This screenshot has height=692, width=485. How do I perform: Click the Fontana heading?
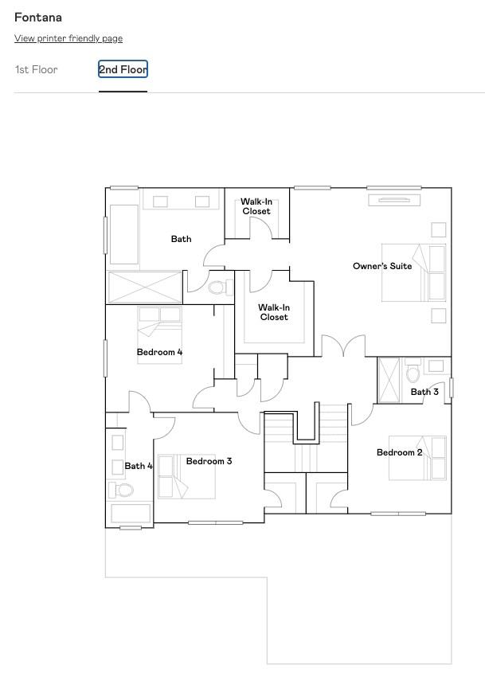tap(38, 18)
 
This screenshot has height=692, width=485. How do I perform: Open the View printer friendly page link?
tap(68, 38)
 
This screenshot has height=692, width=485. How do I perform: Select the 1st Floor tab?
tap(36, 70)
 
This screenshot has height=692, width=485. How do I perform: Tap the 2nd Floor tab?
tap(123, 70)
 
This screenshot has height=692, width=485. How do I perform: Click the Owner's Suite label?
tap(382, 266)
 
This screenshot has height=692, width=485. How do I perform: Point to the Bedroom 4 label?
tap(160, 352)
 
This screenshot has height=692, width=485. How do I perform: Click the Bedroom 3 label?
tap(209, 461)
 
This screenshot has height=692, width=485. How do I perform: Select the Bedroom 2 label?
tap(399, 452)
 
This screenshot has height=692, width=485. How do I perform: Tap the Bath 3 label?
tap(424, 392)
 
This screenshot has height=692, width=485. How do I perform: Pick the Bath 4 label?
tap(139, 466)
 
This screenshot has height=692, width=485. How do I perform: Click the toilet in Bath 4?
tap(121, 490)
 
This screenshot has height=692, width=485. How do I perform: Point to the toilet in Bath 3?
tap(413, 372)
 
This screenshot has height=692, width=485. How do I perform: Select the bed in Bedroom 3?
tap(186, 477)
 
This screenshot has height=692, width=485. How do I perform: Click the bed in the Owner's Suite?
tap(413, 273)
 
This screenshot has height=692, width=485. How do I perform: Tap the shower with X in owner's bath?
tap(145, 287)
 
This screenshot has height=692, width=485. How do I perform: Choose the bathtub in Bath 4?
tap(131, 514)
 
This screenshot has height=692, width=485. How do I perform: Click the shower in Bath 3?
tap(389, 381)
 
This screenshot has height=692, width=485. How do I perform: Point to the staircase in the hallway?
tap(306, 442)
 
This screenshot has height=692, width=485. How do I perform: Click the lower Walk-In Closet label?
tap(274, 312)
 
